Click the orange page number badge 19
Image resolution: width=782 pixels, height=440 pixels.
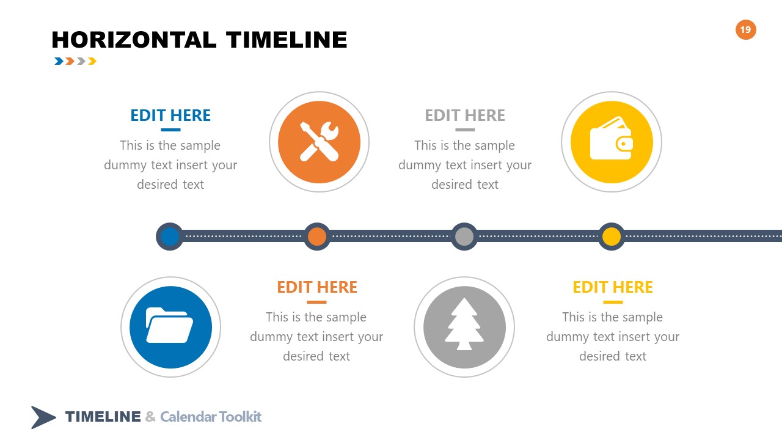point(745,29)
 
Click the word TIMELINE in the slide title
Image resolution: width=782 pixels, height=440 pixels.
point(287,40)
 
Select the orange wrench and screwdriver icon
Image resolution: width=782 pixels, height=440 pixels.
point(319,142)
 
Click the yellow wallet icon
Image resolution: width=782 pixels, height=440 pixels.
point(611,142)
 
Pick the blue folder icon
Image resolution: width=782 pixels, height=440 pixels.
point(170,327)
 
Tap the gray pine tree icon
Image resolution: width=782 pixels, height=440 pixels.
point(464,327)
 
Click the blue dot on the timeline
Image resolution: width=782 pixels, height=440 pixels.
point(170,237)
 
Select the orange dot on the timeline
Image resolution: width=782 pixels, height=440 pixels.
point(317,237)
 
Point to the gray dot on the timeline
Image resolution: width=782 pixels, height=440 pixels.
point(464,237)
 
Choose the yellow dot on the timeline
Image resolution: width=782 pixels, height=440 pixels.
point(612,237)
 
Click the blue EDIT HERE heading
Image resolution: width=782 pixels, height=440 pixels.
point(170,116)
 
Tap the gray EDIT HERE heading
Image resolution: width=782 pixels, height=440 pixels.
point(465,116)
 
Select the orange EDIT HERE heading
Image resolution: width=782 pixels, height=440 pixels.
point(317,287)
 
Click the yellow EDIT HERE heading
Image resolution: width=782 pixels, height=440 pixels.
point(613,287)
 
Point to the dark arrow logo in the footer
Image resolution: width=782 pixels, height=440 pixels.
point(43,417)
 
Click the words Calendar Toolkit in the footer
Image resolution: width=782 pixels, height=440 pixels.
point(211,417)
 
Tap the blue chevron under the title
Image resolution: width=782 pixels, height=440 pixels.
point(59,61)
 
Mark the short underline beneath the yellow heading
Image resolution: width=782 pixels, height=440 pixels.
point(613,302)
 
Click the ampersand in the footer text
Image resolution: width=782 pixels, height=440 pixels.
point(150,417)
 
